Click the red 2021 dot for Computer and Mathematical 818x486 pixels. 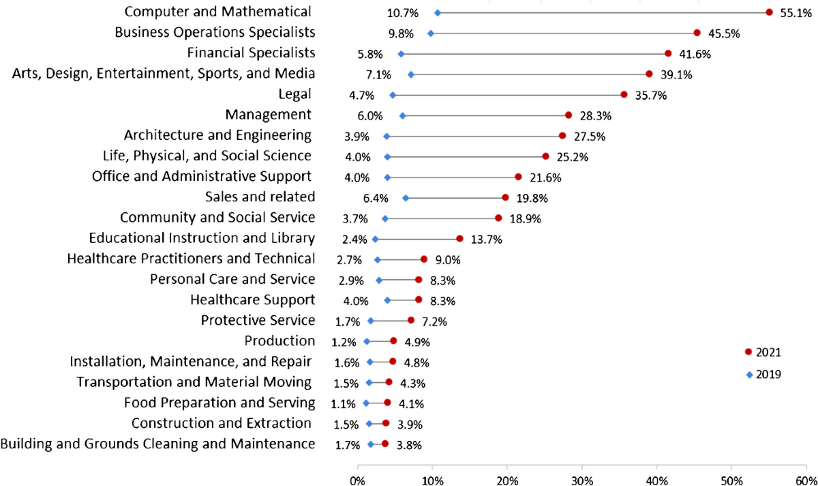[x=769, y=12]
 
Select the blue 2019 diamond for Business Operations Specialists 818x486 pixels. [x=430, y=33]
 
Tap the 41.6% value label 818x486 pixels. [x=691, y=54]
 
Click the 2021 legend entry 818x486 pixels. [x=763, y=352]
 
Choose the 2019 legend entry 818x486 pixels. [x=763, y=374]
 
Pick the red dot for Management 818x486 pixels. [x=569, y=115]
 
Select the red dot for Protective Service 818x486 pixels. [x=411, y=320]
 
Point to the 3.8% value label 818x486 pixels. [x=409, y=444]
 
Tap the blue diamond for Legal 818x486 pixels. [x=392, y=95]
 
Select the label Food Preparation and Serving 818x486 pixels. [x=219, y=402]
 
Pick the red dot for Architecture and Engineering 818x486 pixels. [x=562, y=136]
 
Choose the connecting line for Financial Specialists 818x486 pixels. [x=534, y=54]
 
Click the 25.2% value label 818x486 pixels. [x=572, y=157]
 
